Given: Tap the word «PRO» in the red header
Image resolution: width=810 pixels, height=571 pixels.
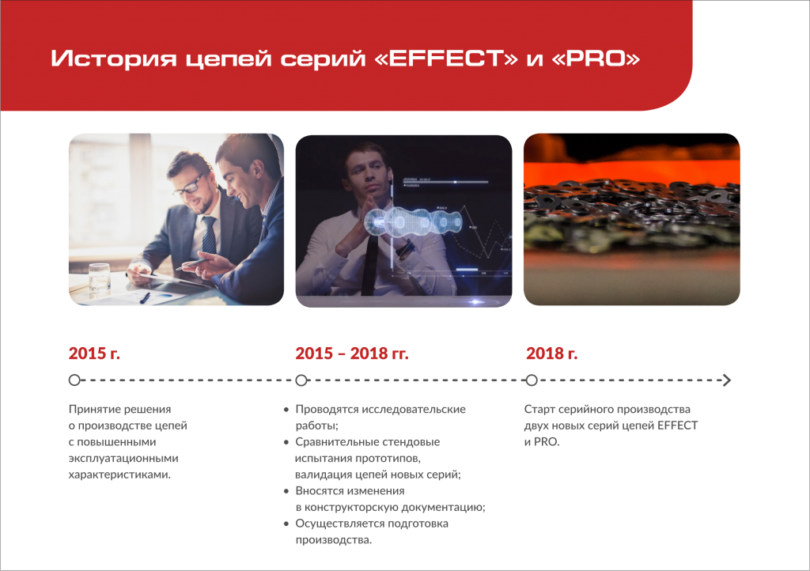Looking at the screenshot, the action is pyautogui.click(x=596, y=59).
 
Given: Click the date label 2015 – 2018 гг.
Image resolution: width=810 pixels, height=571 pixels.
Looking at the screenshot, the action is pyautogui.click(x=352, y=354).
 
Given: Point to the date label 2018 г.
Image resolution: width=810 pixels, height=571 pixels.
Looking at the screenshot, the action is pyautogui.click(x=551, y=354).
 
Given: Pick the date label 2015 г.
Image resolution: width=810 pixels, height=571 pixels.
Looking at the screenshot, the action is pyautogui.click(x=94, y=354).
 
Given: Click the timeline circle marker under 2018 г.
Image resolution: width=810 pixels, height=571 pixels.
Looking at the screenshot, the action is pyautogui.click(x=532, y=380).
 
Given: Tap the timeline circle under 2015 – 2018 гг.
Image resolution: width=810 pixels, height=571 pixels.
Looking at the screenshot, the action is pyautogui.click(x=301, y=380).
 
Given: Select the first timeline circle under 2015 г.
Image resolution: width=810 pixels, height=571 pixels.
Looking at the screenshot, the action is pyautogui.click(x=74, y=380).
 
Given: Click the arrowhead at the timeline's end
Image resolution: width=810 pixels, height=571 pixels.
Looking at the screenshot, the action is pyautogui.click(x=728, y=380).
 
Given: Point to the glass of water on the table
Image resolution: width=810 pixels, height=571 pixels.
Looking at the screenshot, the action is pyautogui.click(x=99, y=277).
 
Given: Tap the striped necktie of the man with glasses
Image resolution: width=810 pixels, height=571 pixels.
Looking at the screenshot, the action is pyautogui.click(x=209, y=236).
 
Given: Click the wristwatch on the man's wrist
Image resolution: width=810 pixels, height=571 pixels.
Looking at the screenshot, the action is pyautogui.click(x=406, y=250).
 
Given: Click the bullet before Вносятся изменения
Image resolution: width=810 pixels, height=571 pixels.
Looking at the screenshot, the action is pyautogui.click(x=286, y=491).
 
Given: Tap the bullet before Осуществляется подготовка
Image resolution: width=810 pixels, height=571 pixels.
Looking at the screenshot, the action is pyautogui.click(x=286, y=524).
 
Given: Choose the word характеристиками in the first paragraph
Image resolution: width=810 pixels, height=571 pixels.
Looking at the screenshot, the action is pyautogui.click(x=119, y=475).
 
